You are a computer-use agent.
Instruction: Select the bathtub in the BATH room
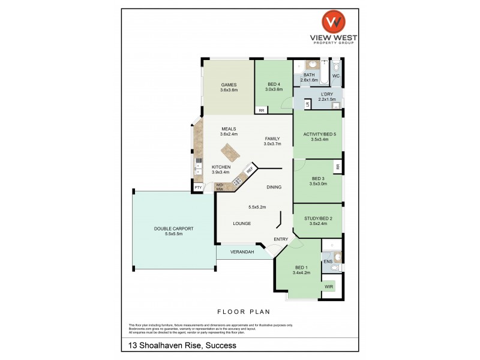325,73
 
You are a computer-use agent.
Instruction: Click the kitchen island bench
230,152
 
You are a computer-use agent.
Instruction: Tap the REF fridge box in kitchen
249,170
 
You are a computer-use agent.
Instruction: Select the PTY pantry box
197,188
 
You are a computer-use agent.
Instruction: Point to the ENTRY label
281,239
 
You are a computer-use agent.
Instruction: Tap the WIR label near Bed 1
328,287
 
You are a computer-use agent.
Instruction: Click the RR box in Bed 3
338,166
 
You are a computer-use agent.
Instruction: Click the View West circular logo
333,22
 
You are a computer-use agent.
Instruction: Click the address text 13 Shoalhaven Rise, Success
182,345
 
